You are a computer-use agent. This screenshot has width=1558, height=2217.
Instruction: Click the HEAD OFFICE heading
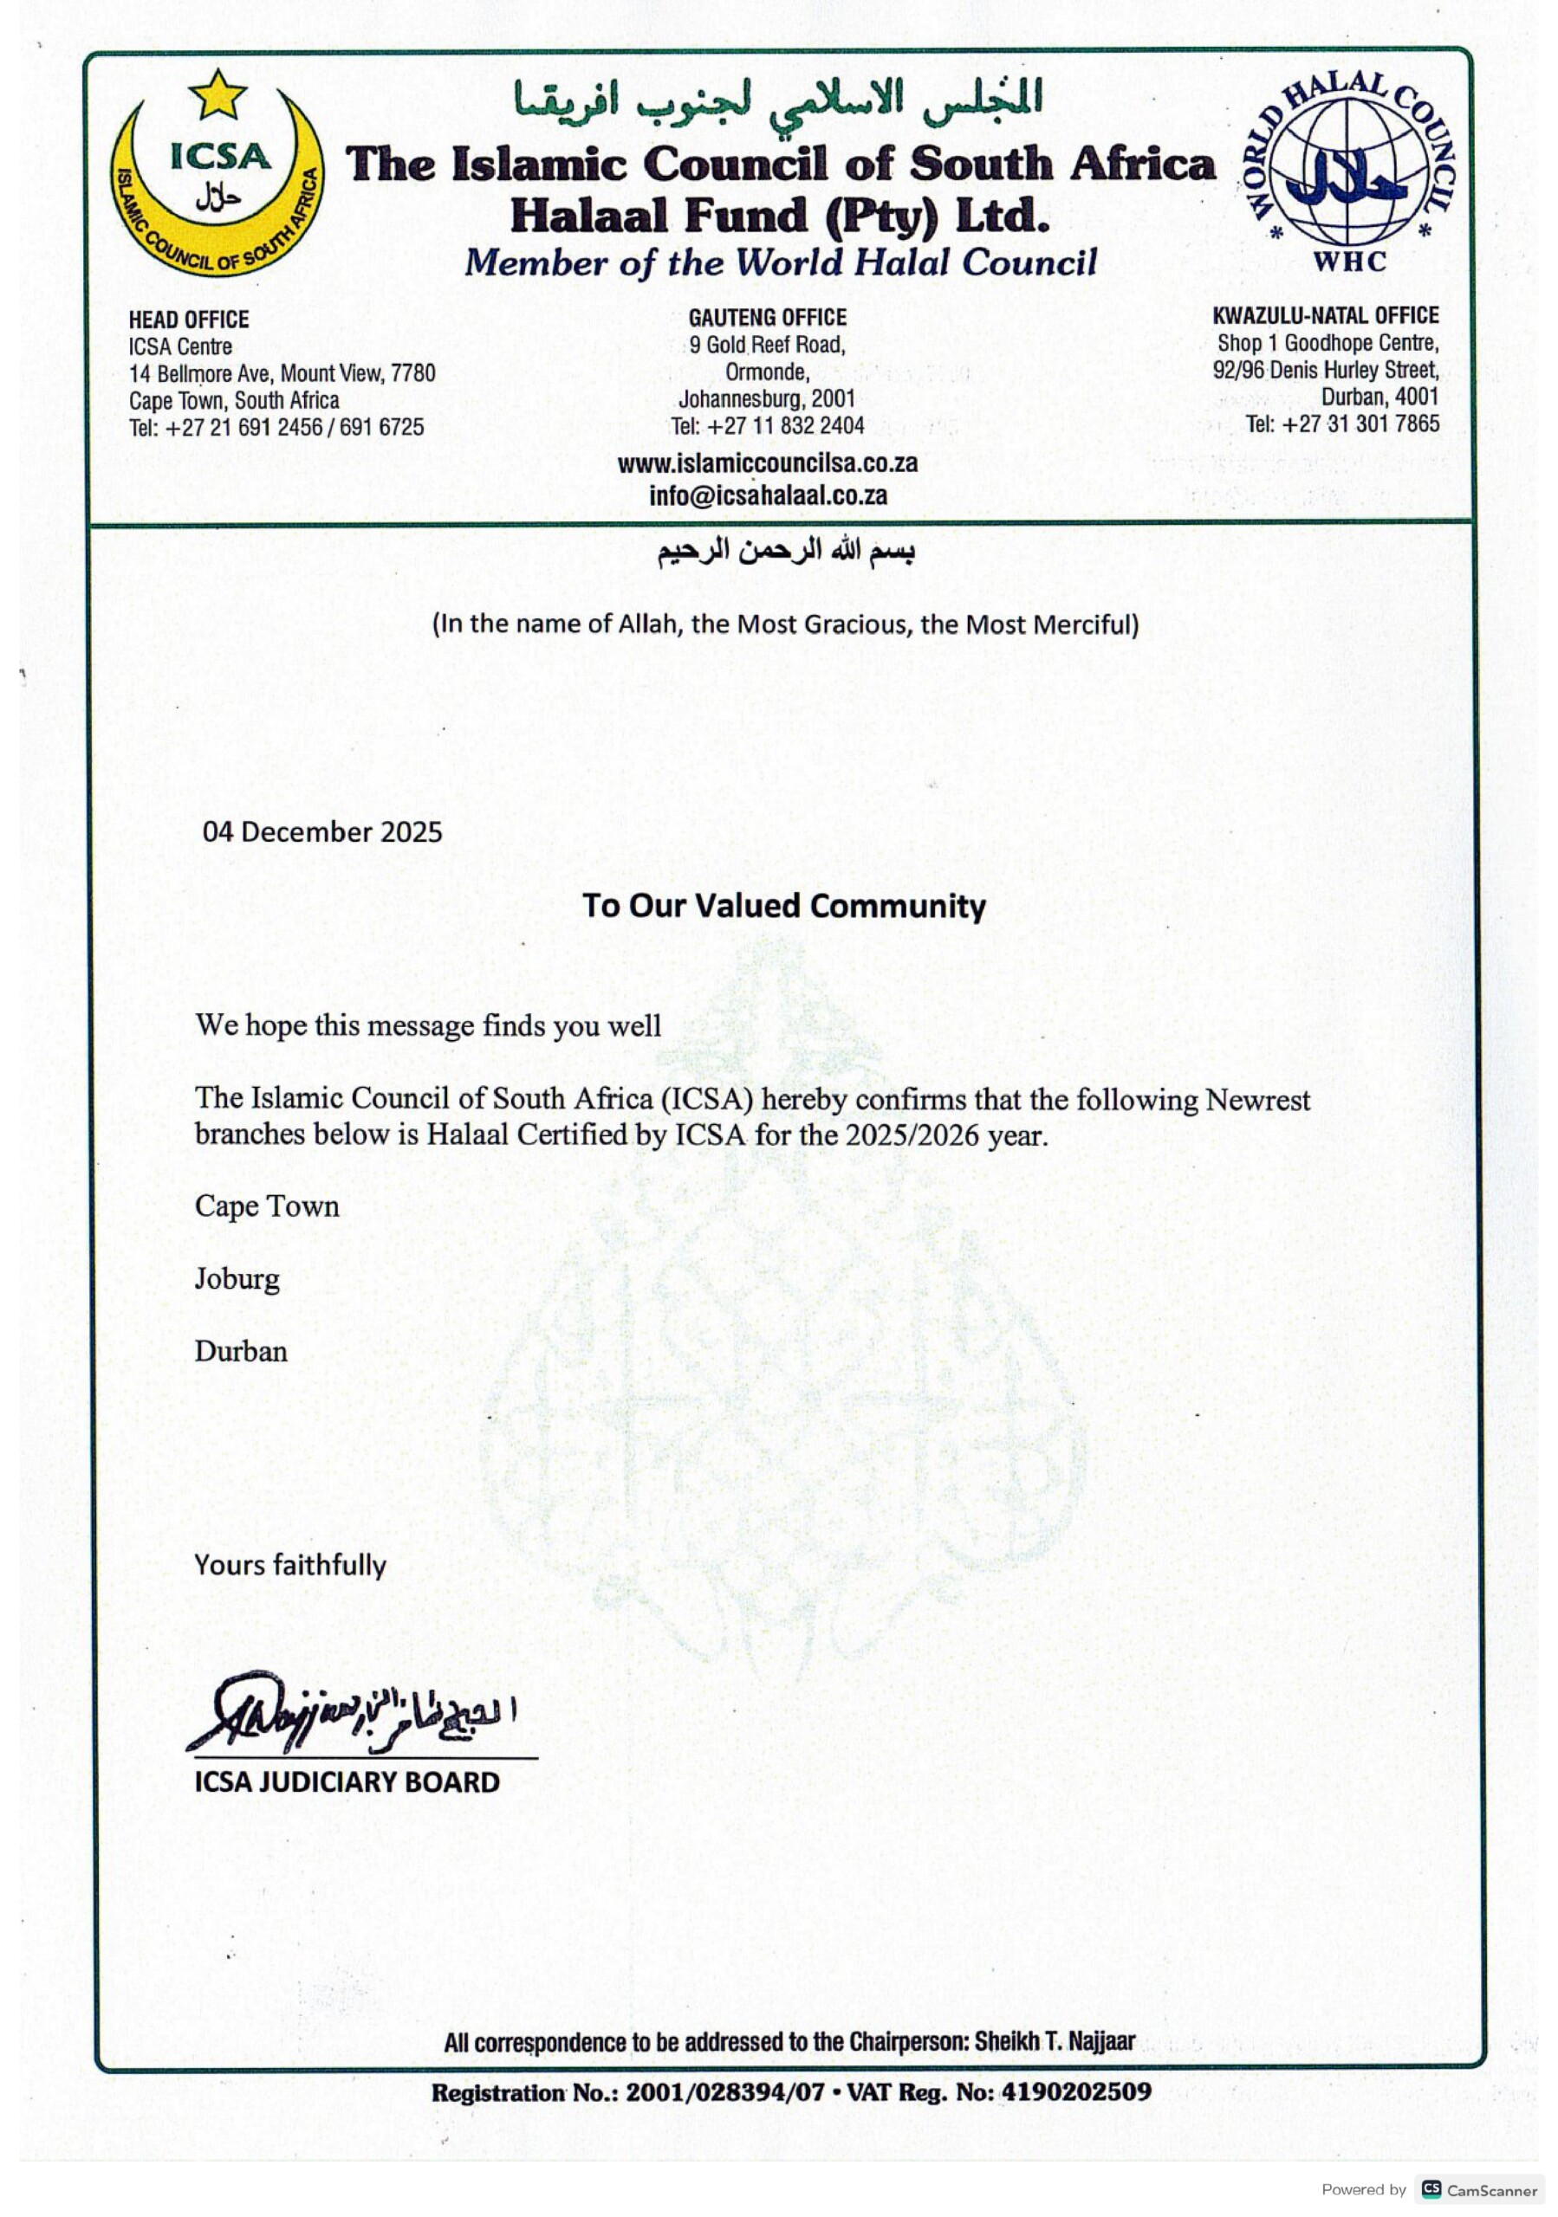[x=188, y=320]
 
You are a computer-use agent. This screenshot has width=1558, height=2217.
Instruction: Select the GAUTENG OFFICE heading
[x=767, y=318]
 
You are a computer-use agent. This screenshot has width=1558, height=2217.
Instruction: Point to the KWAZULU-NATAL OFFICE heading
[x=1325, y=316]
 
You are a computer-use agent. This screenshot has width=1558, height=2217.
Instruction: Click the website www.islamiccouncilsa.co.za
[x=767, y=463]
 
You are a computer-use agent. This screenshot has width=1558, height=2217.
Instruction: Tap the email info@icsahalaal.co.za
[x=767, y=496]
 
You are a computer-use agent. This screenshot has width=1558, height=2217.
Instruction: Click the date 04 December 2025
[x=321, y=832]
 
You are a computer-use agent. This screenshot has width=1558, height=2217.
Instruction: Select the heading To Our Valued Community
[x=783, y=906]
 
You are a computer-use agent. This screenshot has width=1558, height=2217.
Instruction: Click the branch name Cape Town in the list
[x=267, y=1206]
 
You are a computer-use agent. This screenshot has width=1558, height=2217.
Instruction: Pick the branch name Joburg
[x=237, y=1278]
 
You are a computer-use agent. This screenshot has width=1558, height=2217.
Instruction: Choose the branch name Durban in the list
[x=241, y=1351]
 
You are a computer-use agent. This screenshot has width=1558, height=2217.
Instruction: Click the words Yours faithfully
[x=289, y=1565]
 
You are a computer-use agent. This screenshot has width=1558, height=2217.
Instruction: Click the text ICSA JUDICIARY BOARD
[x=347, y=1781]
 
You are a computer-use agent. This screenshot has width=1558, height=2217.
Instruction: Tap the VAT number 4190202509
[x=1076, y=2092]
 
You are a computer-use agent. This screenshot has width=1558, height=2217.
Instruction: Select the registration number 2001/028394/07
[x=724, y=2092]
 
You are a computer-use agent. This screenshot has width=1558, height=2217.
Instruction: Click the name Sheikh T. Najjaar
[x=1055, y=2041]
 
